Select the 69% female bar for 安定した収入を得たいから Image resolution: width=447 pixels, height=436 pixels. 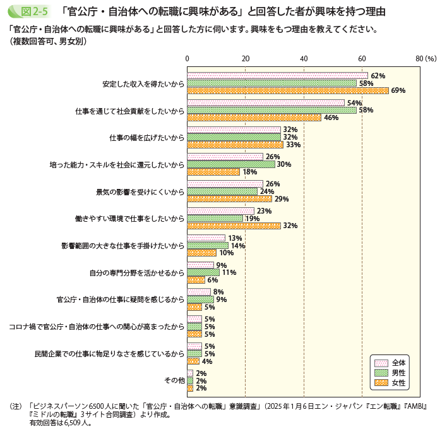[288, 90]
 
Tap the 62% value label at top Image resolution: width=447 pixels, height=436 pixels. [378, 76]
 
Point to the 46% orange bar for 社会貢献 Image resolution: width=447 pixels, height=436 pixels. [254, 118]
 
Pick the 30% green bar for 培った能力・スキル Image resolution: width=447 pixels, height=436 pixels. [231, 164]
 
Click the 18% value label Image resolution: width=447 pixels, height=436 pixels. [249, 172]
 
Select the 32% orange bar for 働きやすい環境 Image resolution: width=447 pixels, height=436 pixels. [234, 226]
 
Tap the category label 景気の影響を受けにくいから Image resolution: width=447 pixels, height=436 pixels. [140, 191]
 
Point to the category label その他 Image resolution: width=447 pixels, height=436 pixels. [174, 380]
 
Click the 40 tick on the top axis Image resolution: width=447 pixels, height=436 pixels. [304, 58]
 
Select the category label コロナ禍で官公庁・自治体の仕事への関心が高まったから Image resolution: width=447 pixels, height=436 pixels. [96, 326]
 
